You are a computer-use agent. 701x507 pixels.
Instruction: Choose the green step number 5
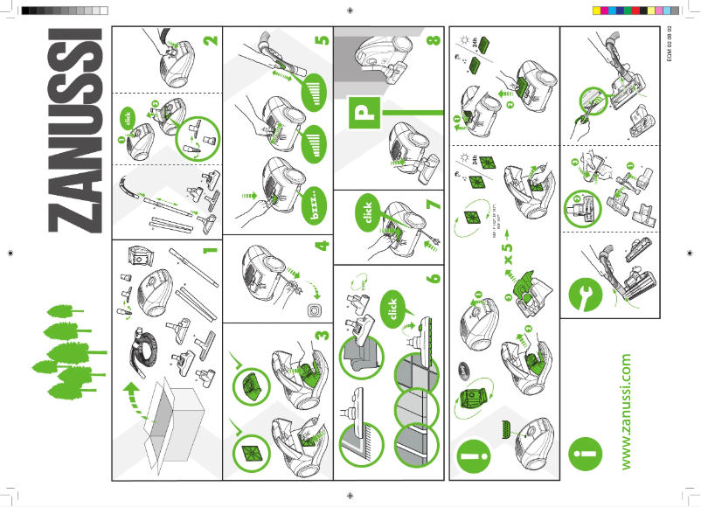tap(321, 40)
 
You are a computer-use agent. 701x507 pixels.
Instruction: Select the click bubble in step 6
tap(392, 309)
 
